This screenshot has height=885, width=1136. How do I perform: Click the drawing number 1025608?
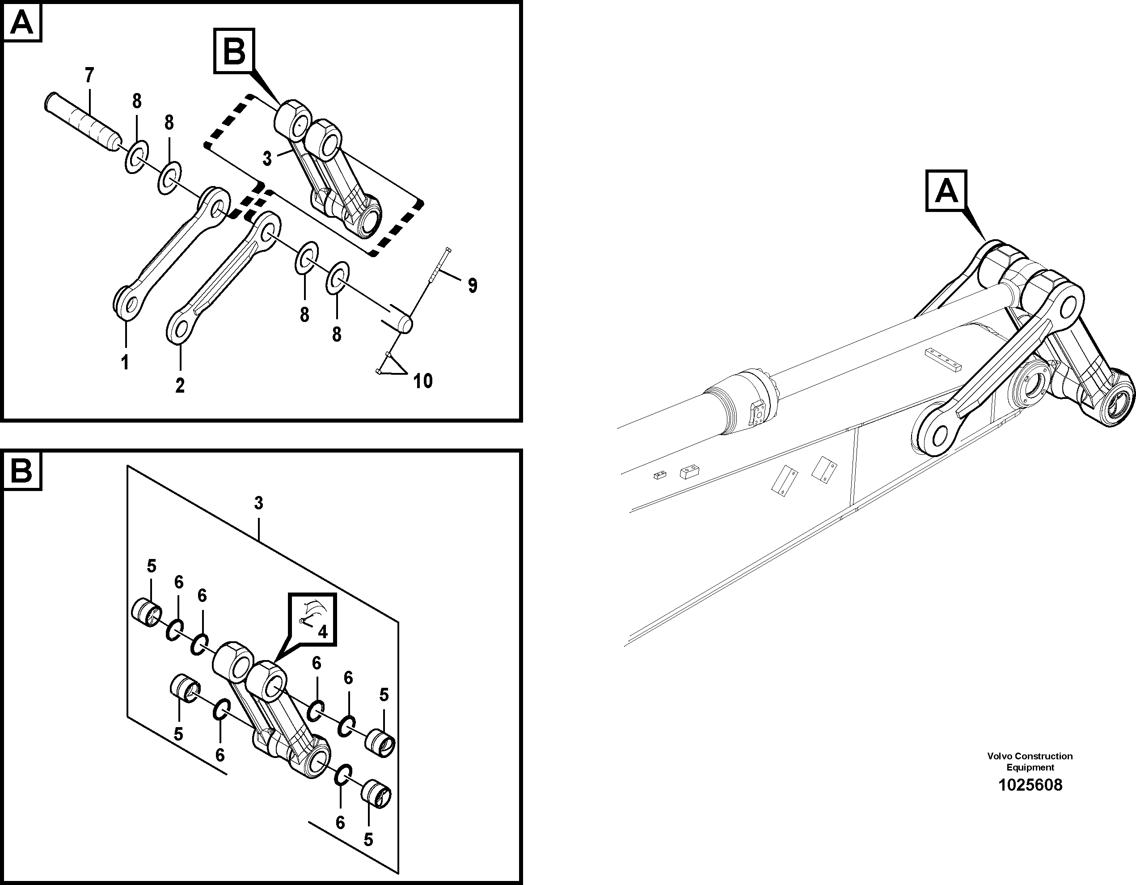click(1030, 784)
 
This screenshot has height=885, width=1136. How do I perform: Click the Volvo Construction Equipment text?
click(1030, 761)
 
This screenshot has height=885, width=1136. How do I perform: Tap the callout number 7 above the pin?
click(89, 76)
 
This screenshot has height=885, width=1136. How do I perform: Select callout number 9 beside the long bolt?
click(472, 285)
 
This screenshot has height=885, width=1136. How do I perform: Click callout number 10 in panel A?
click(423, 381)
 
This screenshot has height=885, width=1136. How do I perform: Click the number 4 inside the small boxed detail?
click(322, 632)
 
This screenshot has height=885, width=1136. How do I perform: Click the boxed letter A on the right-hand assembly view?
click(946, 191)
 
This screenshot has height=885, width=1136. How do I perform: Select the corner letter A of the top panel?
click(22, 23)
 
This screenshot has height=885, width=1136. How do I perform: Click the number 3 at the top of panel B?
click(258, 503)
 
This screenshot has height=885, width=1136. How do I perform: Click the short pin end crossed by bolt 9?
click(401, 319)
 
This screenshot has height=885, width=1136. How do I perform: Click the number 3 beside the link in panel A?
click(267, 159)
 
